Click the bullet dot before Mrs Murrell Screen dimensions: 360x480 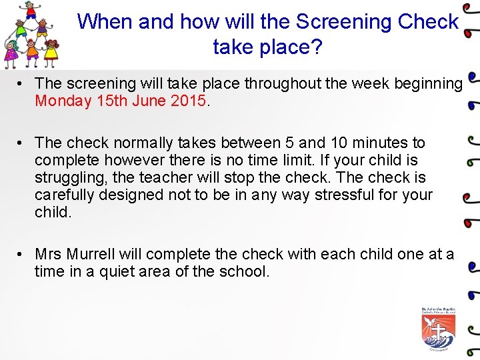click(x=21, y=254)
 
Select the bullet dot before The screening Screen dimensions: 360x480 click(x=21, y=84)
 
